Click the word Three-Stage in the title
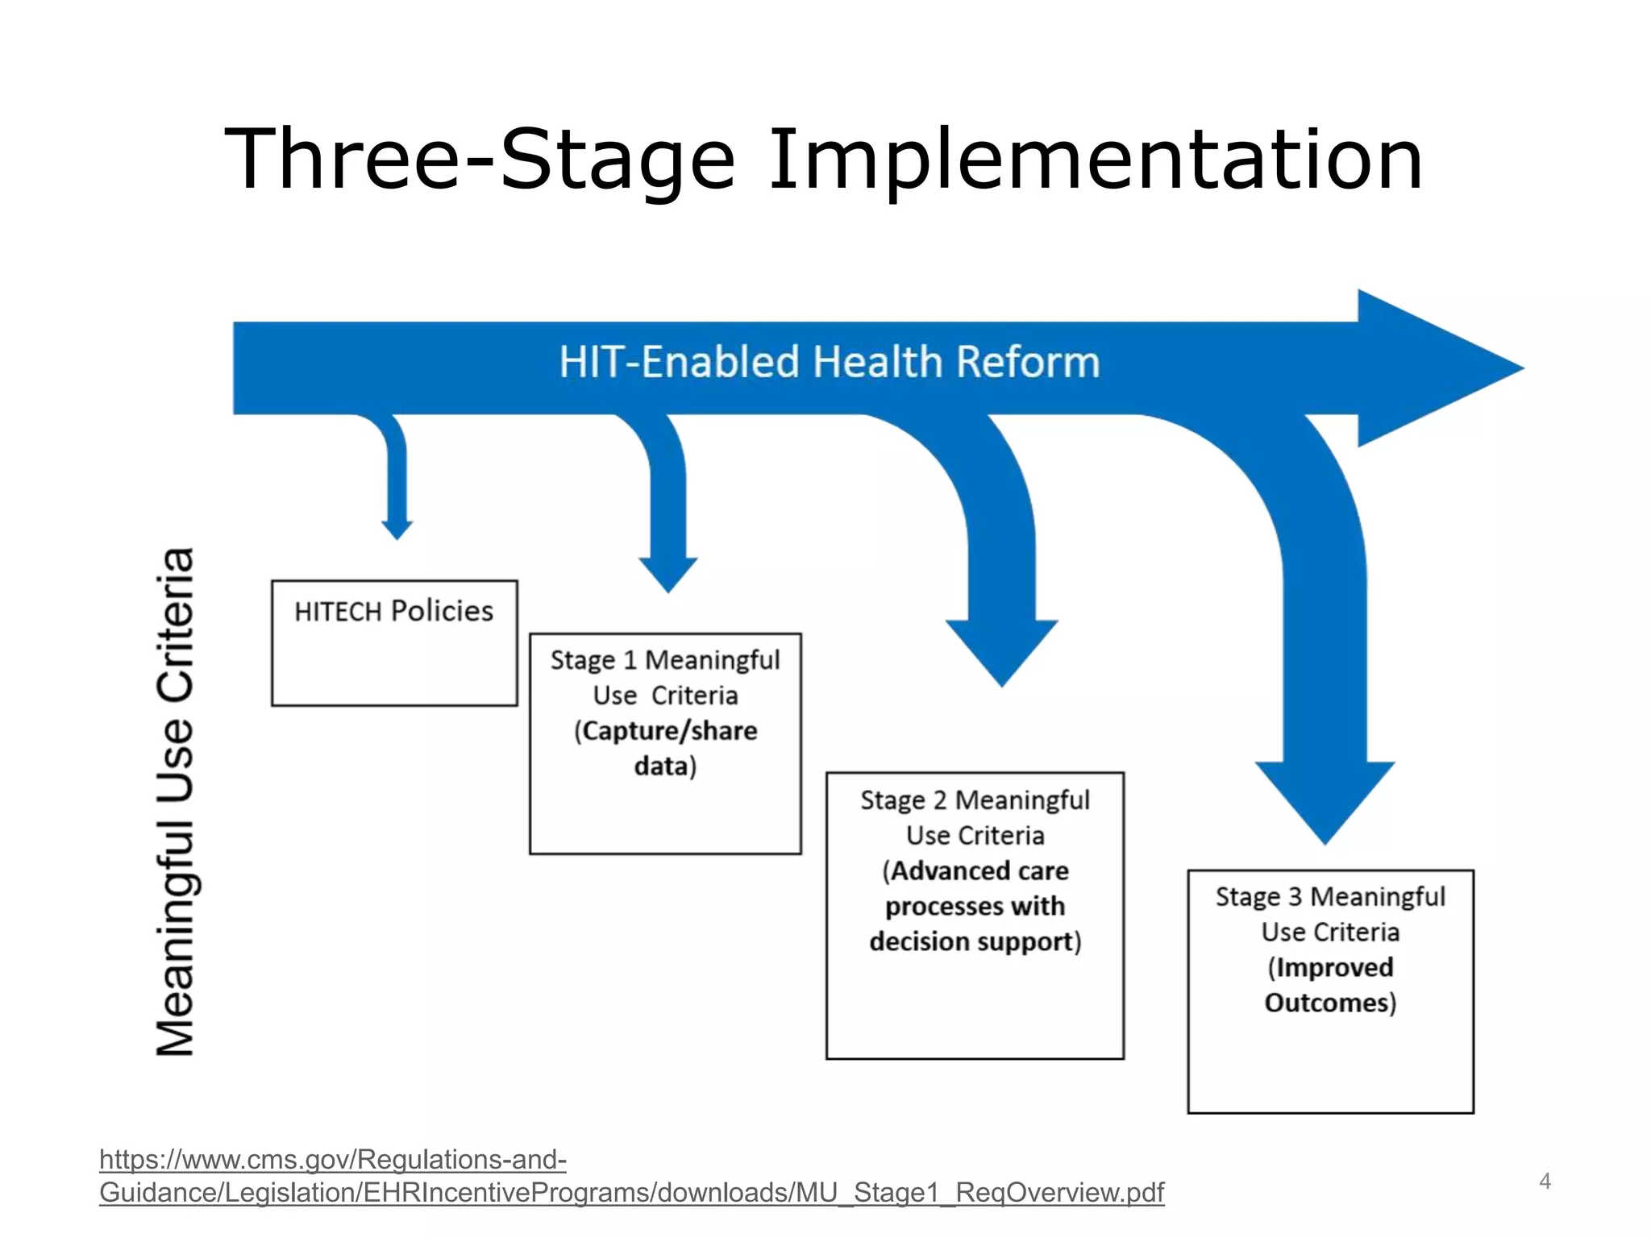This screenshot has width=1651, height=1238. pyautogui.click(x=479, y=161)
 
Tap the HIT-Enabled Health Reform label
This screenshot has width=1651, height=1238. pyautogui.click(x=829, y=362)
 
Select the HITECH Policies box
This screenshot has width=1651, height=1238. pyautogui.click(x=394, y=643)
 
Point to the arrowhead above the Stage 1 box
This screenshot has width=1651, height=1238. pyautogui.click(x=667, y=573)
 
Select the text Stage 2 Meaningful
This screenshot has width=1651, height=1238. pyautogui.click(x=974, y=800)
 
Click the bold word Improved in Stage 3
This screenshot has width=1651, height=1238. pyautogui.click(x=1334, y=967)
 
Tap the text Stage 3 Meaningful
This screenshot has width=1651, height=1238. pyautogui.click(x=1330, y=897)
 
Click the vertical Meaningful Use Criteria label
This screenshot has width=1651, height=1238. pyautogui.click(x=176, y=802)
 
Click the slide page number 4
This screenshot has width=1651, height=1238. pyautogui.click(x=1545, y=1182)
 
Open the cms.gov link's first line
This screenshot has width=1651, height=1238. pyautogui.click(x=333, y=1160)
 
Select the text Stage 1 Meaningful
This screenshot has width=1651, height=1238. pyautogui.click(x=664, y=660)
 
